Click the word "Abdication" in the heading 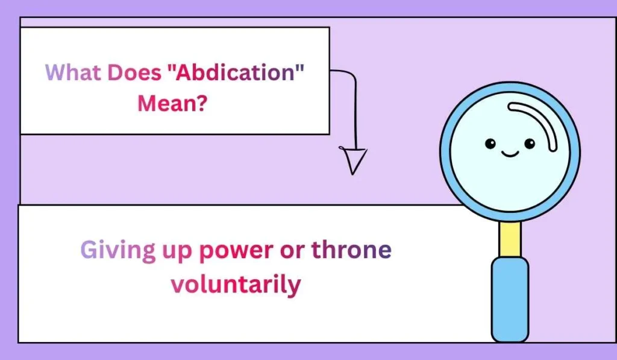click(234, 73)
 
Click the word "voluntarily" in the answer click(235, 283)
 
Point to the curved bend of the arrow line click(351, 75)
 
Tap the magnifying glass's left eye click(490, 144)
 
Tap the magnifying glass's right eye click(529, 144)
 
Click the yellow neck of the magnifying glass click(510, 239)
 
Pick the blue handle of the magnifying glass click(510, 298)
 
